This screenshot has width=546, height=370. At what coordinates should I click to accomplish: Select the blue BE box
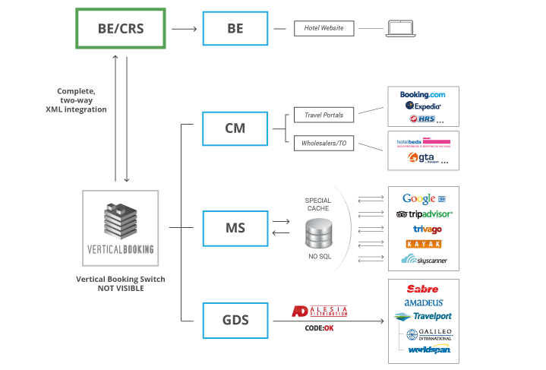tap(235, 30)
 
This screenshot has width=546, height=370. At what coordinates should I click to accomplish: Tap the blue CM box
tap(235, 128)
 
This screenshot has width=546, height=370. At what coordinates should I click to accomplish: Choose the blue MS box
tap(235, 227)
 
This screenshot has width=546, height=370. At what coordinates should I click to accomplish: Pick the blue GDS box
tap(235, 320)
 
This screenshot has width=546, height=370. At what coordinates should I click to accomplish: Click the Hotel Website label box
tap(324, 29)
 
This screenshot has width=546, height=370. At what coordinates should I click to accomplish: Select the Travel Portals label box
tap(324, 116)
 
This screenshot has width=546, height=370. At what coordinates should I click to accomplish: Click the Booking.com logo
tap(422, 94)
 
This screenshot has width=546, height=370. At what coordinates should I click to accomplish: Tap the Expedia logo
tap(422, 106)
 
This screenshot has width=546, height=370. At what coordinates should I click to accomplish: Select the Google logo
tap(421, 198)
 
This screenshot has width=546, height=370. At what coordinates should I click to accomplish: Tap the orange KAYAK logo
tap(424, 244)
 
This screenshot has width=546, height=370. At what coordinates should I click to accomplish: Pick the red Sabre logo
tap(422, 289)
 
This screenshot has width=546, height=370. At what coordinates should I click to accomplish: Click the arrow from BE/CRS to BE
tap(183, 30)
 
